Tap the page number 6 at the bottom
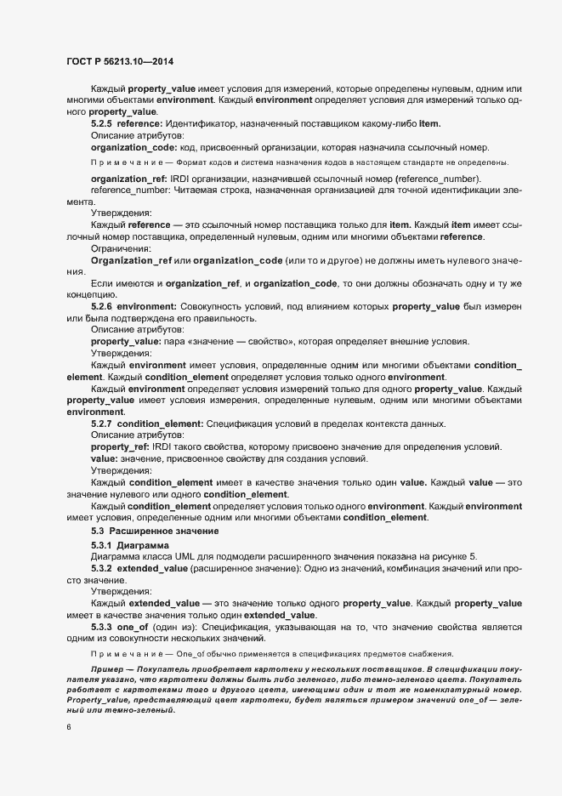point(69,727)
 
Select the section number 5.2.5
point(101,124)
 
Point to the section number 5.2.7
point(101,424)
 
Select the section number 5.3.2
point(101,566)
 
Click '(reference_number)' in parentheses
point(437,178)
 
